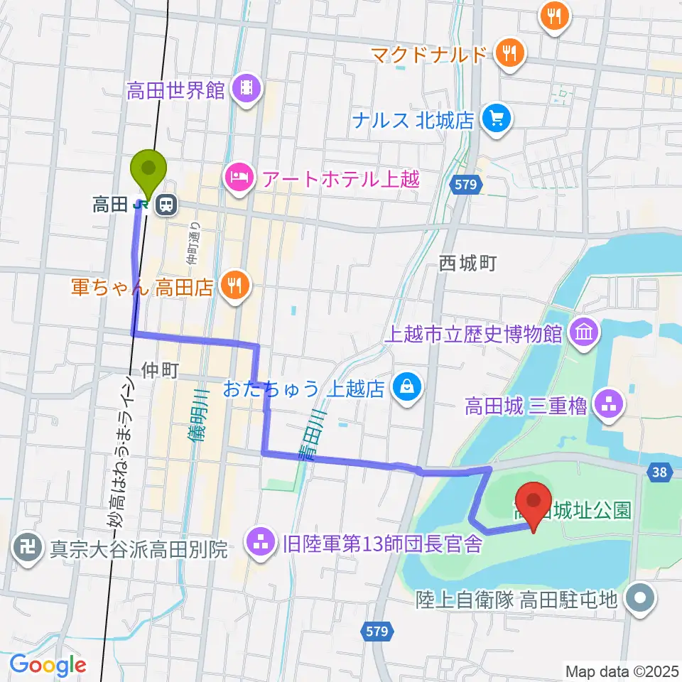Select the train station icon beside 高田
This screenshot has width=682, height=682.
tap(166, 205)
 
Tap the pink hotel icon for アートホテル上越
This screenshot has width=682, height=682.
tap(239, 175)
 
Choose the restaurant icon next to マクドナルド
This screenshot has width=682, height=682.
tap(509, 53)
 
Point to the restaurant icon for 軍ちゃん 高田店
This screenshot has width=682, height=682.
tap(233, 286)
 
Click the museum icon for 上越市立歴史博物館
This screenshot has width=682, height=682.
tap(584, 332)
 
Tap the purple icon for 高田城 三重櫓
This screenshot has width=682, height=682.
tap(608, 406)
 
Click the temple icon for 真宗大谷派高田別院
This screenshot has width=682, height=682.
tap(28, 548)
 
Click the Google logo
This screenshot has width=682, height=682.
tap(48, 665)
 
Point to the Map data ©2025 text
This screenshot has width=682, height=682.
tap(622, 670)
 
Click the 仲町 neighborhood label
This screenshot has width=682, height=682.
tap(158, 369)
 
